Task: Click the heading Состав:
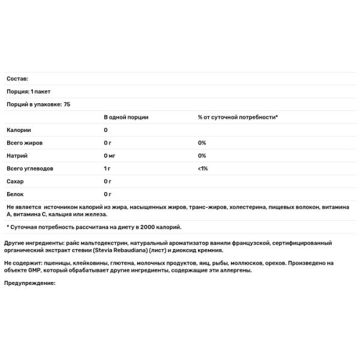tap(17, 79)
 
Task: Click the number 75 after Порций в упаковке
tap(67, 104)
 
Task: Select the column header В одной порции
tap(126, 117)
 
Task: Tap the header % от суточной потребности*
tap(238, 117)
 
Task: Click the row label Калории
tap(19, 130)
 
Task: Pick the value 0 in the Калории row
tap(106, 130)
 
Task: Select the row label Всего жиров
tap(25, 143)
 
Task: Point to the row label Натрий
tap(17, 155)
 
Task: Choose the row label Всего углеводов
tap(30, 169)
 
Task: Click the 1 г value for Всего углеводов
tap(107, 169)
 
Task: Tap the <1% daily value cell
tap(203, 169)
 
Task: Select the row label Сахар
tap(16, 181)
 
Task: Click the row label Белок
tap(17, 194)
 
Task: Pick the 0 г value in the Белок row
tap(108, 194)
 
